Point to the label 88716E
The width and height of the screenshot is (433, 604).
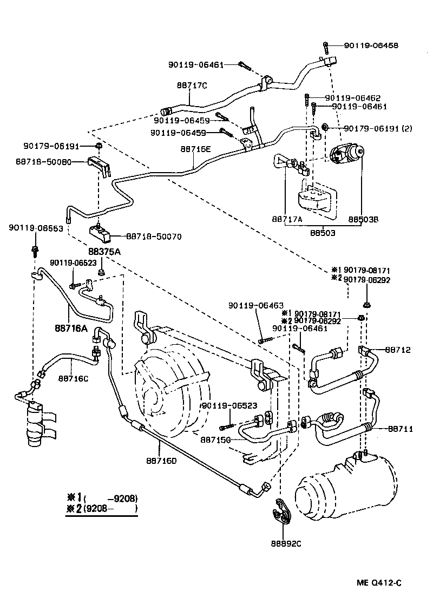point(195,148)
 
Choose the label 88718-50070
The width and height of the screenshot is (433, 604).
point(154,237)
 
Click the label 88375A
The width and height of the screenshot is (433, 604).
point(104,252)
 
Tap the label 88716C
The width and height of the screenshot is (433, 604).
point(73,378)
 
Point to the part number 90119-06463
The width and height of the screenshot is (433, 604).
point(256,305)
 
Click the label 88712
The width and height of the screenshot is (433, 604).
point(398,350)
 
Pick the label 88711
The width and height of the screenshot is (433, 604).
point(400,429)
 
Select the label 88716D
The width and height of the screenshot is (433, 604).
point(161,461)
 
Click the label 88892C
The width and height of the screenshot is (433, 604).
point(286,542)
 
